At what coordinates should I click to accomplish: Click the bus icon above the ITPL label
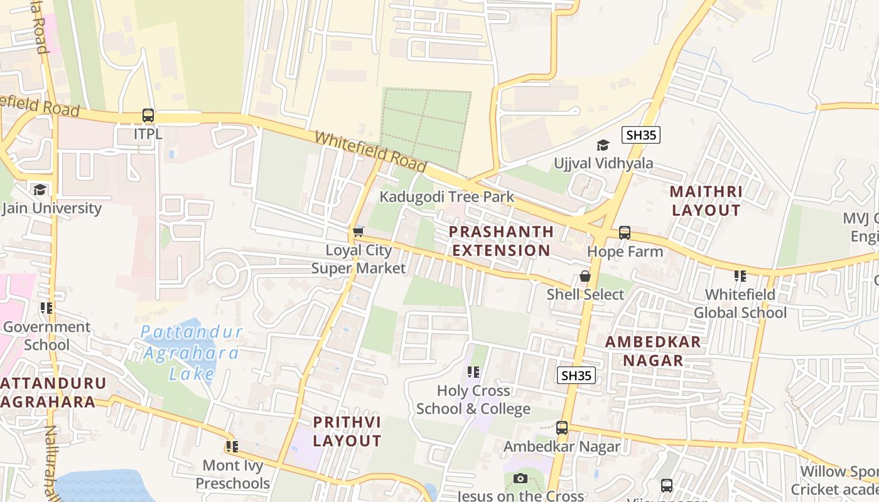tap(148, 115)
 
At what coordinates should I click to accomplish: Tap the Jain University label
tap(51, 208)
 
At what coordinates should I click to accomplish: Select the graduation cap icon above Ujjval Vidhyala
tap(603, 145)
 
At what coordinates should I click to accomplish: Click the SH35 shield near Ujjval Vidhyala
tap(641, 134)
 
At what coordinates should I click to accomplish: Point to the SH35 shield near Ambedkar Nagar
tap(576, 375)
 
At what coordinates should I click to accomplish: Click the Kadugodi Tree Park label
tap(446, 196)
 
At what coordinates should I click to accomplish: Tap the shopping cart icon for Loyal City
tap(359, 232)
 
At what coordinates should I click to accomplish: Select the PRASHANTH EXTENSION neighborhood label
tap(501, 241)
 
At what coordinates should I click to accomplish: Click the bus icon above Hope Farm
tap(625, 232)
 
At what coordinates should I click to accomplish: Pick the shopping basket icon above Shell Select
tap(585, 276)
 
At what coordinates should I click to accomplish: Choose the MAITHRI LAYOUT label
tap(706, 201)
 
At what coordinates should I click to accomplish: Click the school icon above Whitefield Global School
tap(740, 275)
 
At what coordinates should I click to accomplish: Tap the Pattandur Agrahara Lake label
tap(191, 353)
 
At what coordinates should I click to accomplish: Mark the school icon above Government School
tap(46, 308)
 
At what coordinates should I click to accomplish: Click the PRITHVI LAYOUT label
tap(347, 431)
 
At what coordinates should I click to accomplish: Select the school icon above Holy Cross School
tap(473, 372)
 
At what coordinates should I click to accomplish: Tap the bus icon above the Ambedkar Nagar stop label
tap(562, 428)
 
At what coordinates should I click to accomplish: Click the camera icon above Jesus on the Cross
tap(520, 479)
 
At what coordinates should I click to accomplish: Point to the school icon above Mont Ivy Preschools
tap(232, 447)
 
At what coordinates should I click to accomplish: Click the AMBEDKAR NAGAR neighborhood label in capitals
tap(653, 351)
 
